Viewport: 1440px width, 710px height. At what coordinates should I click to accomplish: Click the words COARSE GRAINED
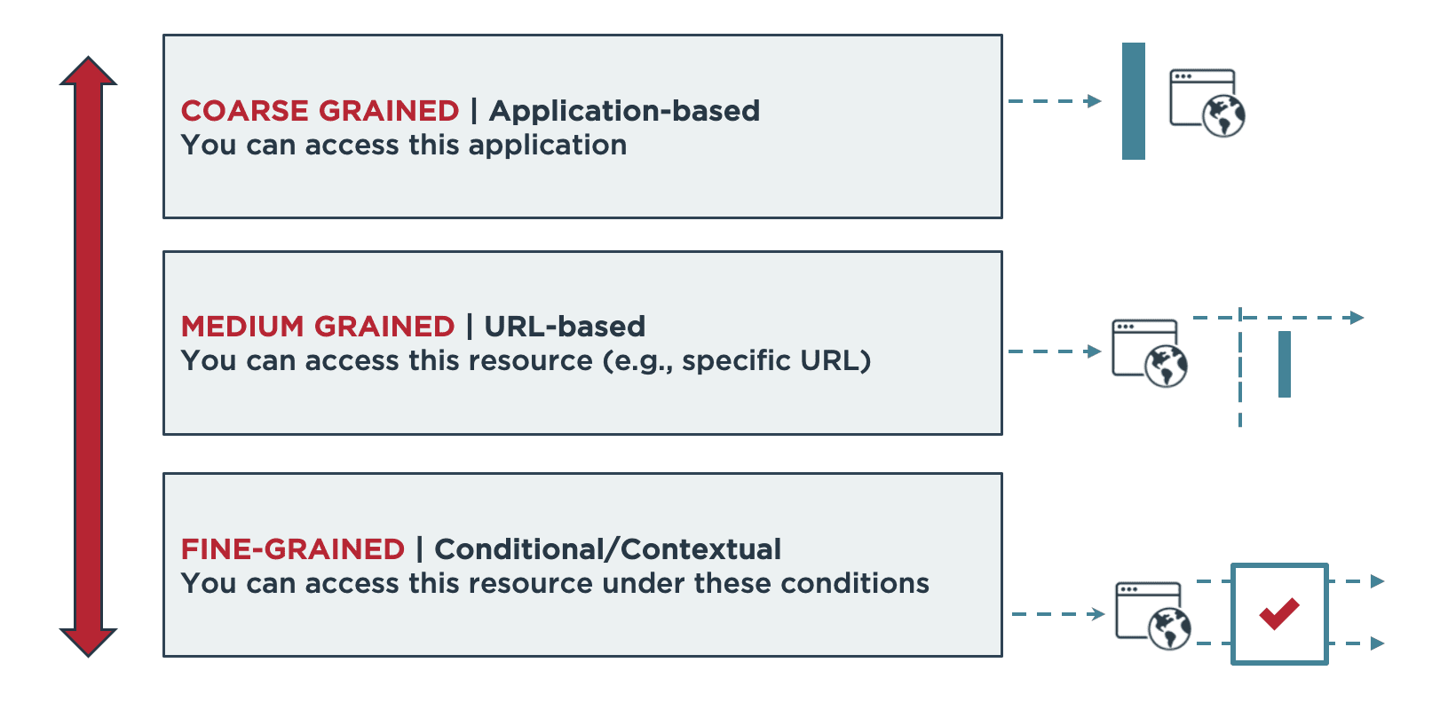(320, 111)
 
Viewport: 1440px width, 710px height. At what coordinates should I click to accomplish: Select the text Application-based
(624, 111)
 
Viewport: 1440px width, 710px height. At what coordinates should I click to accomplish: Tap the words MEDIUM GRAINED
(318, 327)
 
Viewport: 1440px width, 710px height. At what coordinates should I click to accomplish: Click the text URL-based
(565, 327)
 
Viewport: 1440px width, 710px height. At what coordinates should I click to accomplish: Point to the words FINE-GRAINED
(292, 549)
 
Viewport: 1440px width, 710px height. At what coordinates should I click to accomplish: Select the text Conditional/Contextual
(607, 549)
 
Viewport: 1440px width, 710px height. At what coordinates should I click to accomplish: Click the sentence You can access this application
(404, 146)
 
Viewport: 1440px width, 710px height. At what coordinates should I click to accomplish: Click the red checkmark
(1279, 613)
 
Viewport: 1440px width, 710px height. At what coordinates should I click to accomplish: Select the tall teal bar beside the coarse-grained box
(1134, 101)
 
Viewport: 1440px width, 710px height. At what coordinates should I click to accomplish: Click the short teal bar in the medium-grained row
(1285, 364)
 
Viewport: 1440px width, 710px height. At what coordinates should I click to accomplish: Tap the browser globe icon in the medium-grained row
(1150, 353)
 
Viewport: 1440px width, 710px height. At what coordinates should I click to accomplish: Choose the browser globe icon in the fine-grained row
(1153, 616)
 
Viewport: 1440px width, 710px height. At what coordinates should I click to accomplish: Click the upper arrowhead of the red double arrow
(88, 71)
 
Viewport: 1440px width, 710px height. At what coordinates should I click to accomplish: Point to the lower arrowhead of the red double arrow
(88, 643)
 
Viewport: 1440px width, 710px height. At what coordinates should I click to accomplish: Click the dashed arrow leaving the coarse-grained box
(1055, 101)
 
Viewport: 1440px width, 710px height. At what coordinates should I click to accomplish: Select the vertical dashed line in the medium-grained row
(1240, 367)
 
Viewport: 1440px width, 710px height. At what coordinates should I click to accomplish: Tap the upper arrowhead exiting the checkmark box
(1377, 581)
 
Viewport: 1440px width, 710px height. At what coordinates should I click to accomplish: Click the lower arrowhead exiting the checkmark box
(1377, 643)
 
